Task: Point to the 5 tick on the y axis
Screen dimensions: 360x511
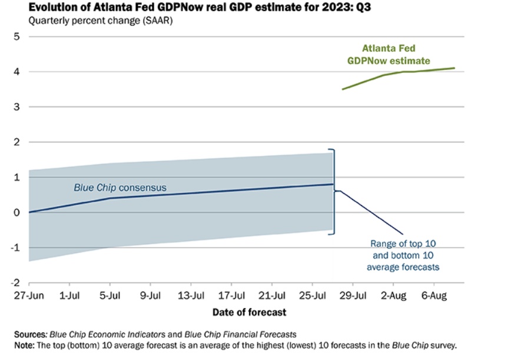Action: [x=17, y=36]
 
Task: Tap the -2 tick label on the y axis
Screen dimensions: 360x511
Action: [x=15, y=283]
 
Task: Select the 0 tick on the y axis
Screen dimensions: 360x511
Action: [x=17, y=212]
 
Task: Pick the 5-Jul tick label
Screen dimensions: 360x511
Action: [x=109, y=296]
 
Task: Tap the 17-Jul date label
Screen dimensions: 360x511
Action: [x=231, y=296]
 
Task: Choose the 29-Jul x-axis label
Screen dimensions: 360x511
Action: [x=353, y=296]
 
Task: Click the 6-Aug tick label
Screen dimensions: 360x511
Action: [x=434, y=296]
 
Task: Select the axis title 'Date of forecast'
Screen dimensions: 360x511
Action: [x=250, y=312]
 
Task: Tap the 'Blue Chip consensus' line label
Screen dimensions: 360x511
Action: [x=120, y=188]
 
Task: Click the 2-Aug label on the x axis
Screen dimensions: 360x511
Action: [x=394, y=296]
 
